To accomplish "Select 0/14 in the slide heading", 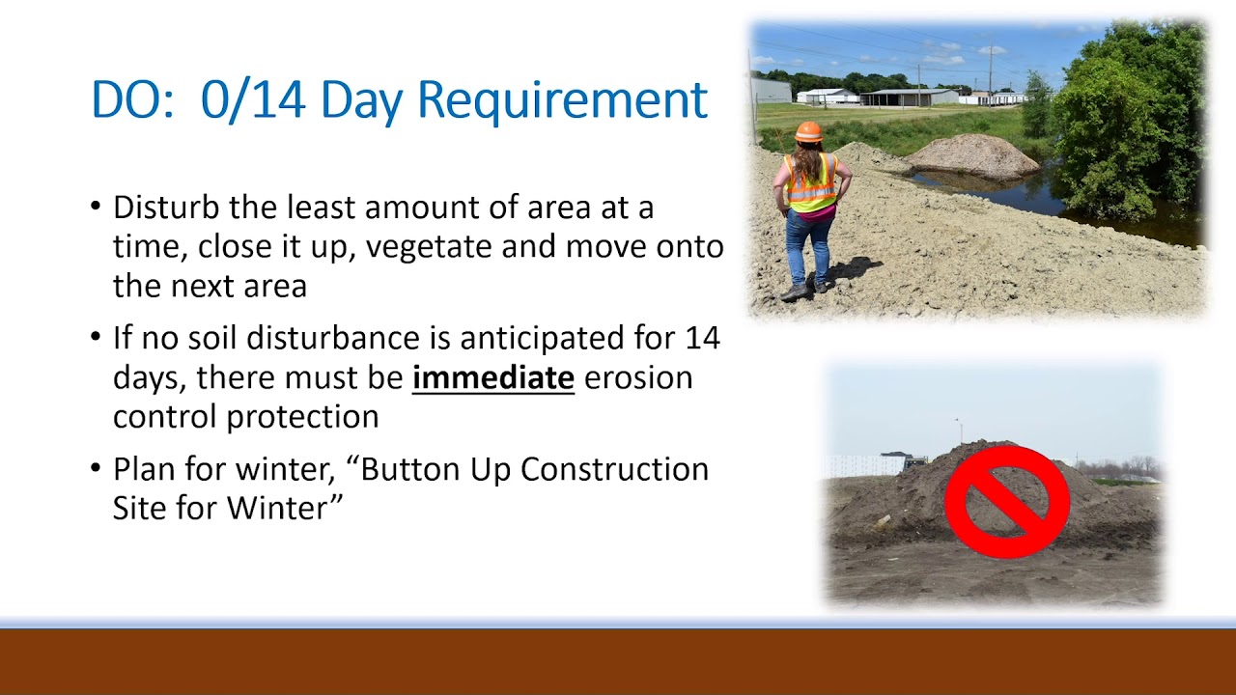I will click(254, 100).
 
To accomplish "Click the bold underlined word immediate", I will click(492, 377).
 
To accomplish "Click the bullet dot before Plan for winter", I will click(95, 469).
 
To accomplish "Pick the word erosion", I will click(638, 377).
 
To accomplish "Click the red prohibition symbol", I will click(1006, 501).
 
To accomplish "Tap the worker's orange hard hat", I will click(808, 131).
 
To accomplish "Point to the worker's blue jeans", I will click(808, 246).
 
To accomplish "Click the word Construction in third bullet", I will click(614, 469).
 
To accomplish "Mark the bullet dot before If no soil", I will click(95, 338).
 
